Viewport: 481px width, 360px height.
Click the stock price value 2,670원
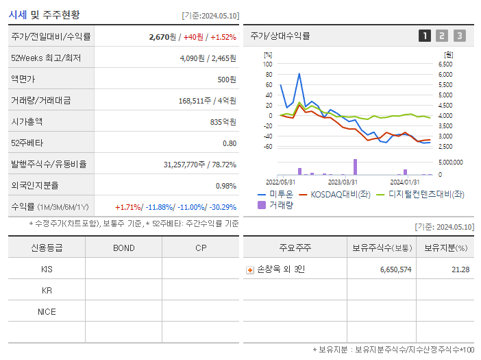162,37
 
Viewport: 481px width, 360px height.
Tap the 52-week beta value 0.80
229,143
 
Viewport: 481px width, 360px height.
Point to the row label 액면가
23,80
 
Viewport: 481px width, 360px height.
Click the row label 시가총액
27,122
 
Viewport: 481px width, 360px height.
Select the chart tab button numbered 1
425,36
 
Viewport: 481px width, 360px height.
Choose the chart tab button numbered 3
459,36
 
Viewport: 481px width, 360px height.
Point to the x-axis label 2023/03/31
343,182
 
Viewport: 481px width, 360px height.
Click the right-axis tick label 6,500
445,64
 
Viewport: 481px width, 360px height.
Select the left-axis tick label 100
268,64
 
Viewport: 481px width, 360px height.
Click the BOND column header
123,248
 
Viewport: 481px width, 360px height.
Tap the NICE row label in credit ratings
47,311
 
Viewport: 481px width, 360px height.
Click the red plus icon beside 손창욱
250,269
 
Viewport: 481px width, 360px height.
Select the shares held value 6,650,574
395,269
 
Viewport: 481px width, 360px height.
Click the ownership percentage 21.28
460,269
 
